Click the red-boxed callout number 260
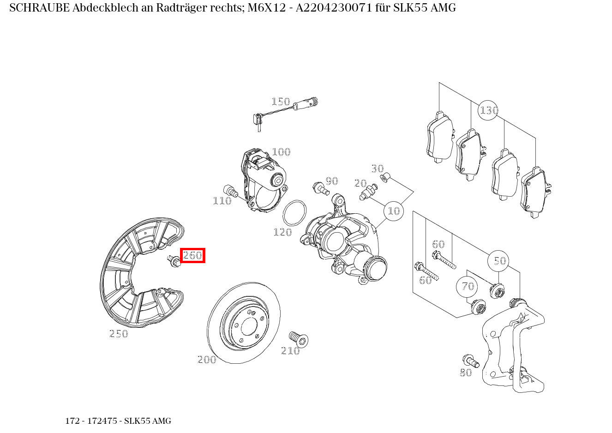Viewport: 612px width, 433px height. [192, 255]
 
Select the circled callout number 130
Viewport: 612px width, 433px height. [488, 110]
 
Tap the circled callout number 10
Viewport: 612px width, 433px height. [394, 211]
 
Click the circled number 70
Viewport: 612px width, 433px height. [468, 287]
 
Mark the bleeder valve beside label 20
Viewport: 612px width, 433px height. [368, 192]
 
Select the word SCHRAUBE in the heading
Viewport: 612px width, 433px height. [39, 8]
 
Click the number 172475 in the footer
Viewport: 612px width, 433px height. [102, 421]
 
